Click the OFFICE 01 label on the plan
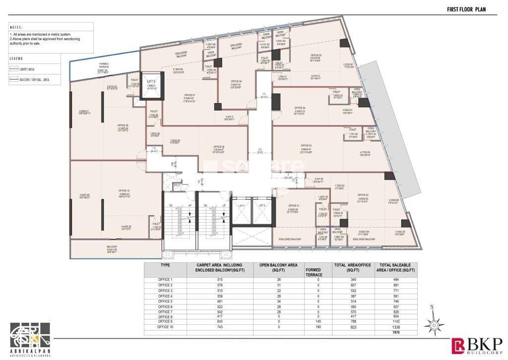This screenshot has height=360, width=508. pyautogui.click(x=294, y=205)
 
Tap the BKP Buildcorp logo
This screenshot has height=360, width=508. pyautogui.click(x=477, y=344)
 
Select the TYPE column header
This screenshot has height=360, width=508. pyautogui.click(x=165, y=265)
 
